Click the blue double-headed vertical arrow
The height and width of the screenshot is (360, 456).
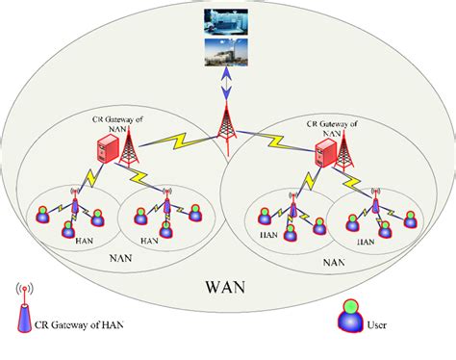(228, 84)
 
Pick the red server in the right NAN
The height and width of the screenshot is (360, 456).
(329, 152)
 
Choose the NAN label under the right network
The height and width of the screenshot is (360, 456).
(335, 261)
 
